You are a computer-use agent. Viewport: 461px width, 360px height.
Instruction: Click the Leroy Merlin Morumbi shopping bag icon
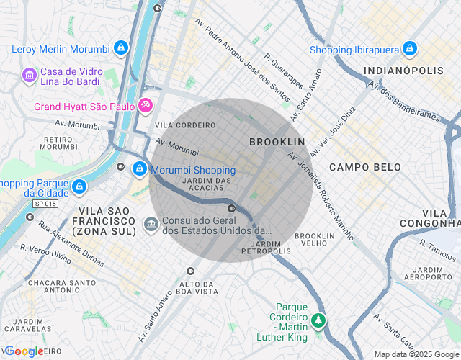(x=120, y=49)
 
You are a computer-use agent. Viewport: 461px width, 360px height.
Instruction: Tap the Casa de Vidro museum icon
(x=30, y=74)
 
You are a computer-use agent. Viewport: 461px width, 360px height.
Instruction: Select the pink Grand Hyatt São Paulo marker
(x=145, y=106)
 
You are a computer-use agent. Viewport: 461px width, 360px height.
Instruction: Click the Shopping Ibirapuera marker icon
(x=410, y=49)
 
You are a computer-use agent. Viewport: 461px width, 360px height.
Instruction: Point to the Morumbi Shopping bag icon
(x=139, y=170)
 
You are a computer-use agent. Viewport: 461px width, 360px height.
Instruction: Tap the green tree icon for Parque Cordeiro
(x=318, y=320)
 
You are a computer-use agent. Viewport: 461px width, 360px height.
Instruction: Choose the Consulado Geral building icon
(x=151, y=225)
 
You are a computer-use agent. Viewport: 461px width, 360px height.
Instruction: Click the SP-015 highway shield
(x=45, y=204)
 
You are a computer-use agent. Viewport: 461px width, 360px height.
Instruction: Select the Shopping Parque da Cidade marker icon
(x=79, y=187)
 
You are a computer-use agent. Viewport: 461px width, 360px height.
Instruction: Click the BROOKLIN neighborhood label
(x=277, y=142)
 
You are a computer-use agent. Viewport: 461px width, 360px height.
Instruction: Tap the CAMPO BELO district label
(x=364, y=167)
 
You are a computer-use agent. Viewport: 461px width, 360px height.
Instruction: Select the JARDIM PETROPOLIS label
(x=267, y=247)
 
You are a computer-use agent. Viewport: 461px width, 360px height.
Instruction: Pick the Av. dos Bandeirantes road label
(x=403, y=100)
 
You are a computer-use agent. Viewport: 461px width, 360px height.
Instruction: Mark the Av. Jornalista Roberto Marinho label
(x=321, y=194)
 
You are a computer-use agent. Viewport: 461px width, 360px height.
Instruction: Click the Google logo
(x=24, y=351)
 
